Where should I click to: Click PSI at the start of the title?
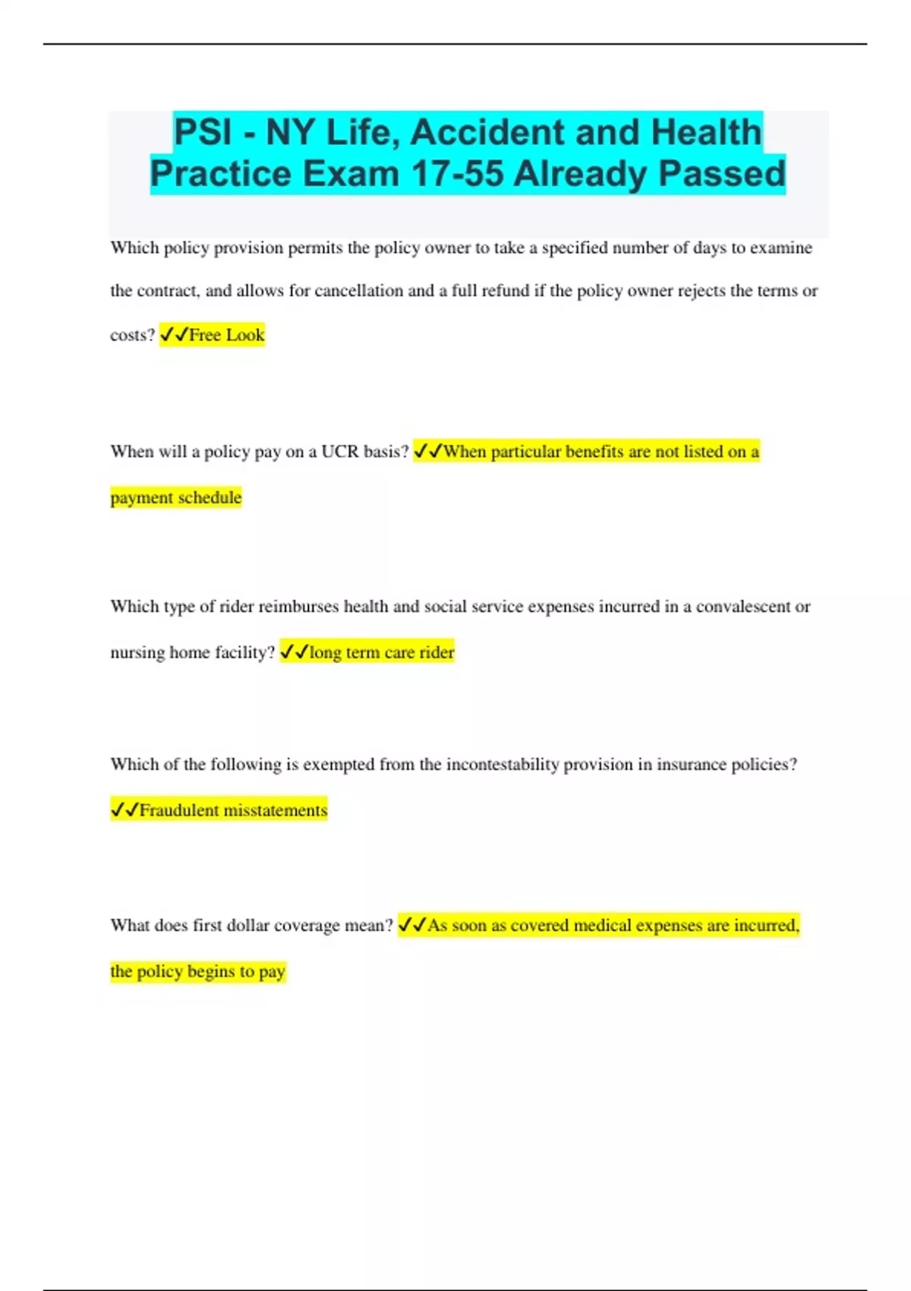[203, 132]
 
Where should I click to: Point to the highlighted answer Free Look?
[226, 335]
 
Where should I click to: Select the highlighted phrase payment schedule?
[176, 497]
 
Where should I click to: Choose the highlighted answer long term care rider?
[381, 652]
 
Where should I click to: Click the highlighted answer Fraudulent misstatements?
[233, 810]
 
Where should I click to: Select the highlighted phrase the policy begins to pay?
[197, 971]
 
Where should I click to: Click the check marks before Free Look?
[174, 335]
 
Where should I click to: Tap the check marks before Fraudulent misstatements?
[125, 810]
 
